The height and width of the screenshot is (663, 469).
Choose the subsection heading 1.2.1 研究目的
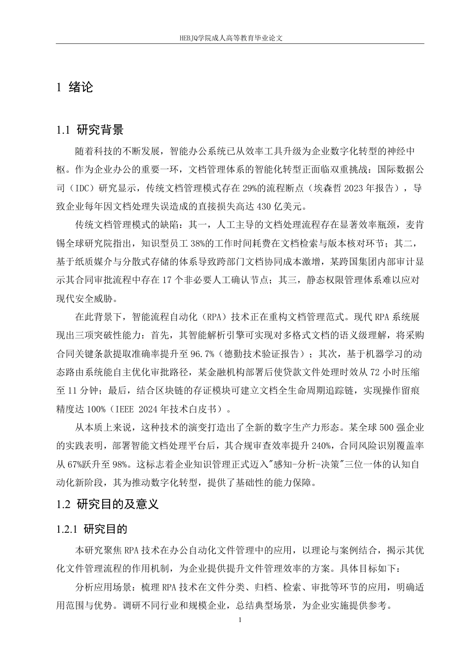pyautogui.click(x=92, y=530)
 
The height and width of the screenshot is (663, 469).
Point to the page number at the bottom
pyautogui.click(x=239, y=620)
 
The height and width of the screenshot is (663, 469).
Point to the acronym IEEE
pyautogui.click(x=127, y=409)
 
